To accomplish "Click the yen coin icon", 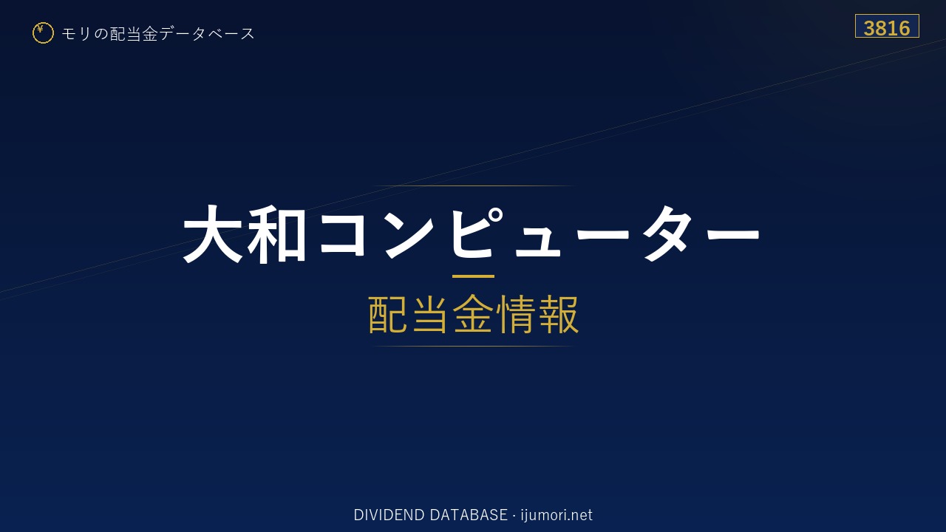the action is tap(43, 33).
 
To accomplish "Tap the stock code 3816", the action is tap(887, 28).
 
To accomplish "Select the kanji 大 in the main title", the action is tap(212, 234).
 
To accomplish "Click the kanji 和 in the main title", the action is tap(276, 234).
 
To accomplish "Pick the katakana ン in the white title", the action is tap(409, 235).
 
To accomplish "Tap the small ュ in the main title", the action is tap(537, 242).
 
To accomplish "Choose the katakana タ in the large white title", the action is tap(667, 234).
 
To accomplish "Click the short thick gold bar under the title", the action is tap(473, 276).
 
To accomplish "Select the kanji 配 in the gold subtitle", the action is tap(388, 315).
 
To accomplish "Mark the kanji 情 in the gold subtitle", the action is tap(515, 315).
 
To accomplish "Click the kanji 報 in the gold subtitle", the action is tap(558, 315).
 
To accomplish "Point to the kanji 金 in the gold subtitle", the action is tap(473, 315).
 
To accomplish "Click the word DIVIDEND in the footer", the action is tap(389, 515).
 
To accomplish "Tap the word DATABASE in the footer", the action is tap(469, 515).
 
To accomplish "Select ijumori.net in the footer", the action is tap(557, 515).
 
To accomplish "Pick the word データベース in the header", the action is tap(207, 34).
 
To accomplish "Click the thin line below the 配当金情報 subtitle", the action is tap(473, 347).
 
